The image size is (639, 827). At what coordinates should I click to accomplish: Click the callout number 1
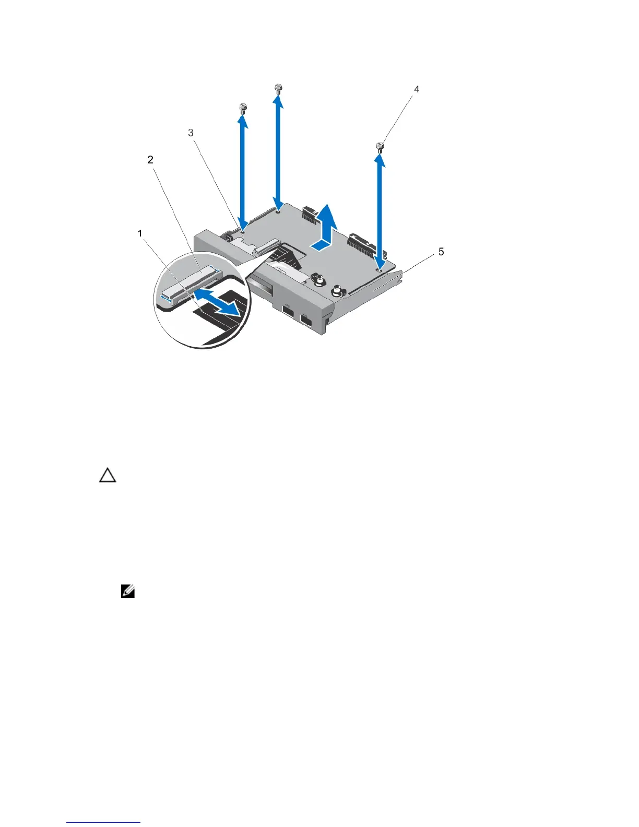tap(140, 233)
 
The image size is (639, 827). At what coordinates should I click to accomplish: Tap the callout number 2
tap(150, 160)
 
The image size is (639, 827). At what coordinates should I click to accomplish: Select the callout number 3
tap(191, 133)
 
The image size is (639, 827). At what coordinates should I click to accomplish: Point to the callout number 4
tap(417, 89)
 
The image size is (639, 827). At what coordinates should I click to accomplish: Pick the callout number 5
tap(441, 252)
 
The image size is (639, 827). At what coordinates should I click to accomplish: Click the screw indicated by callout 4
tap(381, 147)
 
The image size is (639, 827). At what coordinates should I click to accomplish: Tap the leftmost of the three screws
tap(242, 109)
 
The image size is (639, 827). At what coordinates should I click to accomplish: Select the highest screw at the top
tap(278, 88)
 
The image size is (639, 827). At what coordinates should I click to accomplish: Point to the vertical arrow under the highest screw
tap(279, 151)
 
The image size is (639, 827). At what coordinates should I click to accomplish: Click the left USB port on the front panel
tap(288, 314)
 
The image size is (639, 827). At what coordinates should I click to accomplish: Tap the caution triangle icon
tap(108, 475)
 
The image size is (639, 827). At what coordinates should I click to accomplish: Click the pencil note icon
tap(128, 592)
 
